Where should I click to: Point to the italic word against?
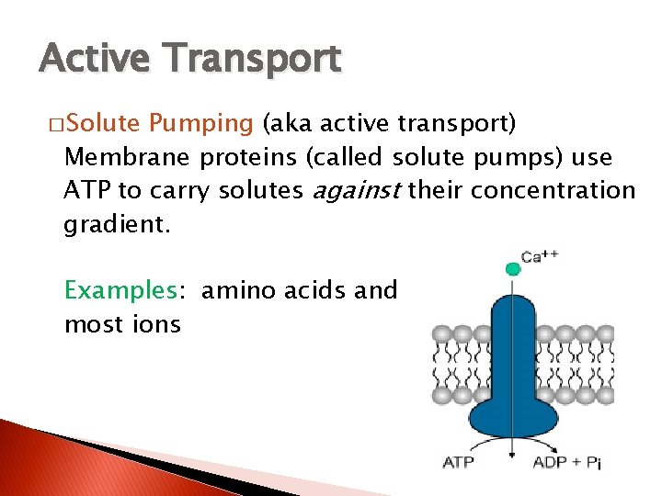coord(358,191)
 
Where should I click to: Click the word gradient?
coord(116,225)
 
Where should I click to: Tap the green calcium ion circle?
coord(513,269)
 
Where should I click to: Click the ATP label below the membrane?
coord(459,461)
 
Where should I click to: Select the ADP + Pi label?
coord(566,462)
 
